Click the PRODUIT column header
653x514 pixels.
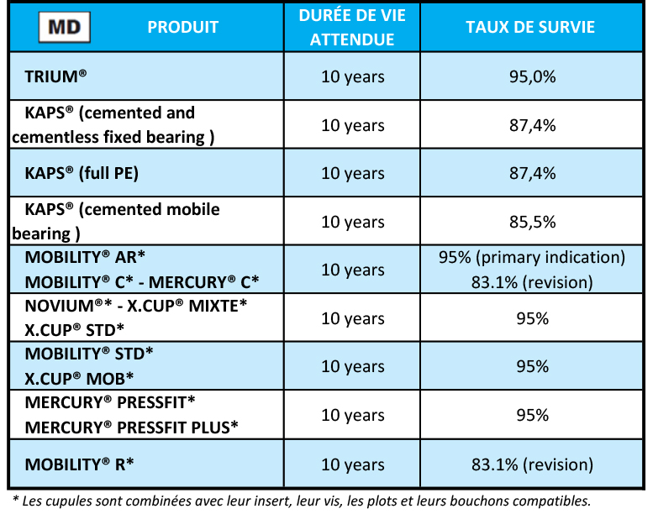[182, 28]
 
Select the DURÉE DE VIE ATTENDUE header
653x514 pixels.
[352, 28]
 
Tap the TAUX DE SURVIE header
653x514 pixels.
[530, 28]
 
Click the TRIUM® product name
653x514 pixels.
[56, 76]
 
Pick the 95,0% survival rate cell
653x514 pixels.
[531, 76]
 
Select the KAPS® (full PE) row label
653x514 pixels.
[82, 174]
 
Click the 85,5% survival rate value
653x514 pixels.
[531, 222]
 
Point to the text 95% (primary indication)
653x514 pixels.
[531, 257]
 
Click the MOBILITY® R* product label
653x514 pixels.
[80, 464]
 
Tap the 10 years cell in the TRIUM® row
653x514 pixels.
[352, 76]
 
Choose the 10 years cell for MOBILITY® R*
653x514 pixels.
[352, 464]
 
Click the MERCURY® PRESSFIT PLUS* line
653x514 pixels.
[132, 427]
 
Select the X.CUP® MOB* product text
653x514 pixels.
[80, 379]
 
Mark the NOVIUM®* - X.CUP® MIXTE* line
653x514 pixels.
[136, 306]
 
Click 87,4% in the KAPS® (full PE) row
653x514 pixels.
[531, 174]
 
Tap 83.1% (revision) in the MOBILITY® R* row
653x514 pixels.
[531, 464]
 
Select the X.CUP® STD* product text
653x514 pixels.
[75, 329]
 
